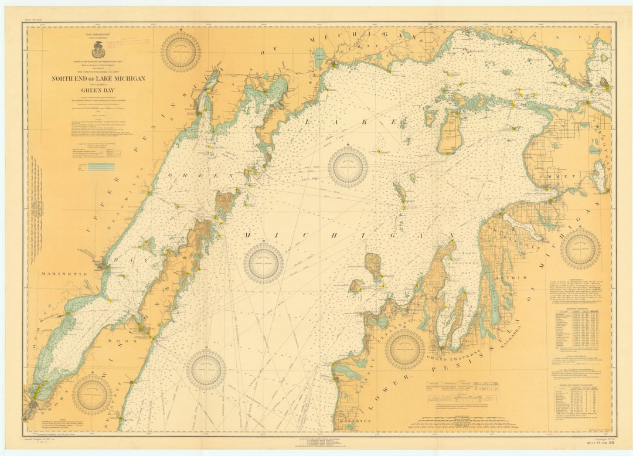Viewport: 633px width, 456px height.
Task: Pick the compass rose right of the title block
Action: tap(181, 52)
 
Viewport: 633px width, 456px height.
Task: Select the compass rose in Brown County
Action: tap(92, 394)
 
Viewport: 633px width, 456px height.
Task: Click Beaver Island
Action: tap(450, 131)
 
